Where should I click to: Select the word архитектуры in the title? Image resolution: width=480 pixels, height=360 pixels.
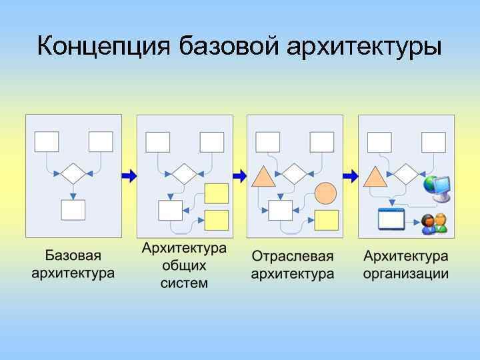[x=365, y=47]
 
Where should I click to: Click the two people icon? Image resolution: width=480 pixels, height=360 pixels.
[x=435, y=224]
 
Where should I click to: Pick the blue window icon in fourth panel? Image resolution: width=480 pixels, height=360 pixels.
[x=391, y=219]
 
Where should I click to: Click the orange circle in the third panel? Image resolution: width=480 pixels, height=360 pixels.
[x=325, y=193]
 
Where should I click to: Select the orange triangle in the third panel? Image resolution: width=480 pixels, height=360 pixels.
[x=263, y=177]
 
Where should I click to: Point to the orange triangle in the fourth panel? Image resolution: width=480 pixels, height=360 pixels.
[x=374, y=177]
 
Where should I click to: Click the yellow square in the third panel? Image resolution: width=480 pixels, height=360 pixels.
[x=325, y=220]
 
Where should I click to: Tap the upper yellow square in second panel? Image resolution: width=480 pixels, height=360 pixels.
[x=216, y=193]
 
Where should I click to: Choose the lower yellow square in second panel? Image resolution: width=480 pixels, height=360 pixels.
[x=216, y=220]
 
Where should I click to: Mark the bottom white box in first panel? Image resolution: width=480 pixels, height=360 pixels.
[x=73, y=210]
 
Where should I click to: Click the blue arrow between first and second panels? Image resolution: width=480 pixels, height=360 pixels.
[x=129, y=175]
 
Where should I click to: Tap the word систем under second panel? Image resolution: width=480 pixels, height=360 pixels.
[x=184, y=283]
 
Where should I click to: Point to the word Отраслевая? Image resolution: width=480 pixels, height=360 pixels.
[x=293, y=256]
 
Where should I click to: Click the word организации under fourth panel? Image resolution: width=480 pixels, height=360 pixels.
[x=406, y=273]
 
